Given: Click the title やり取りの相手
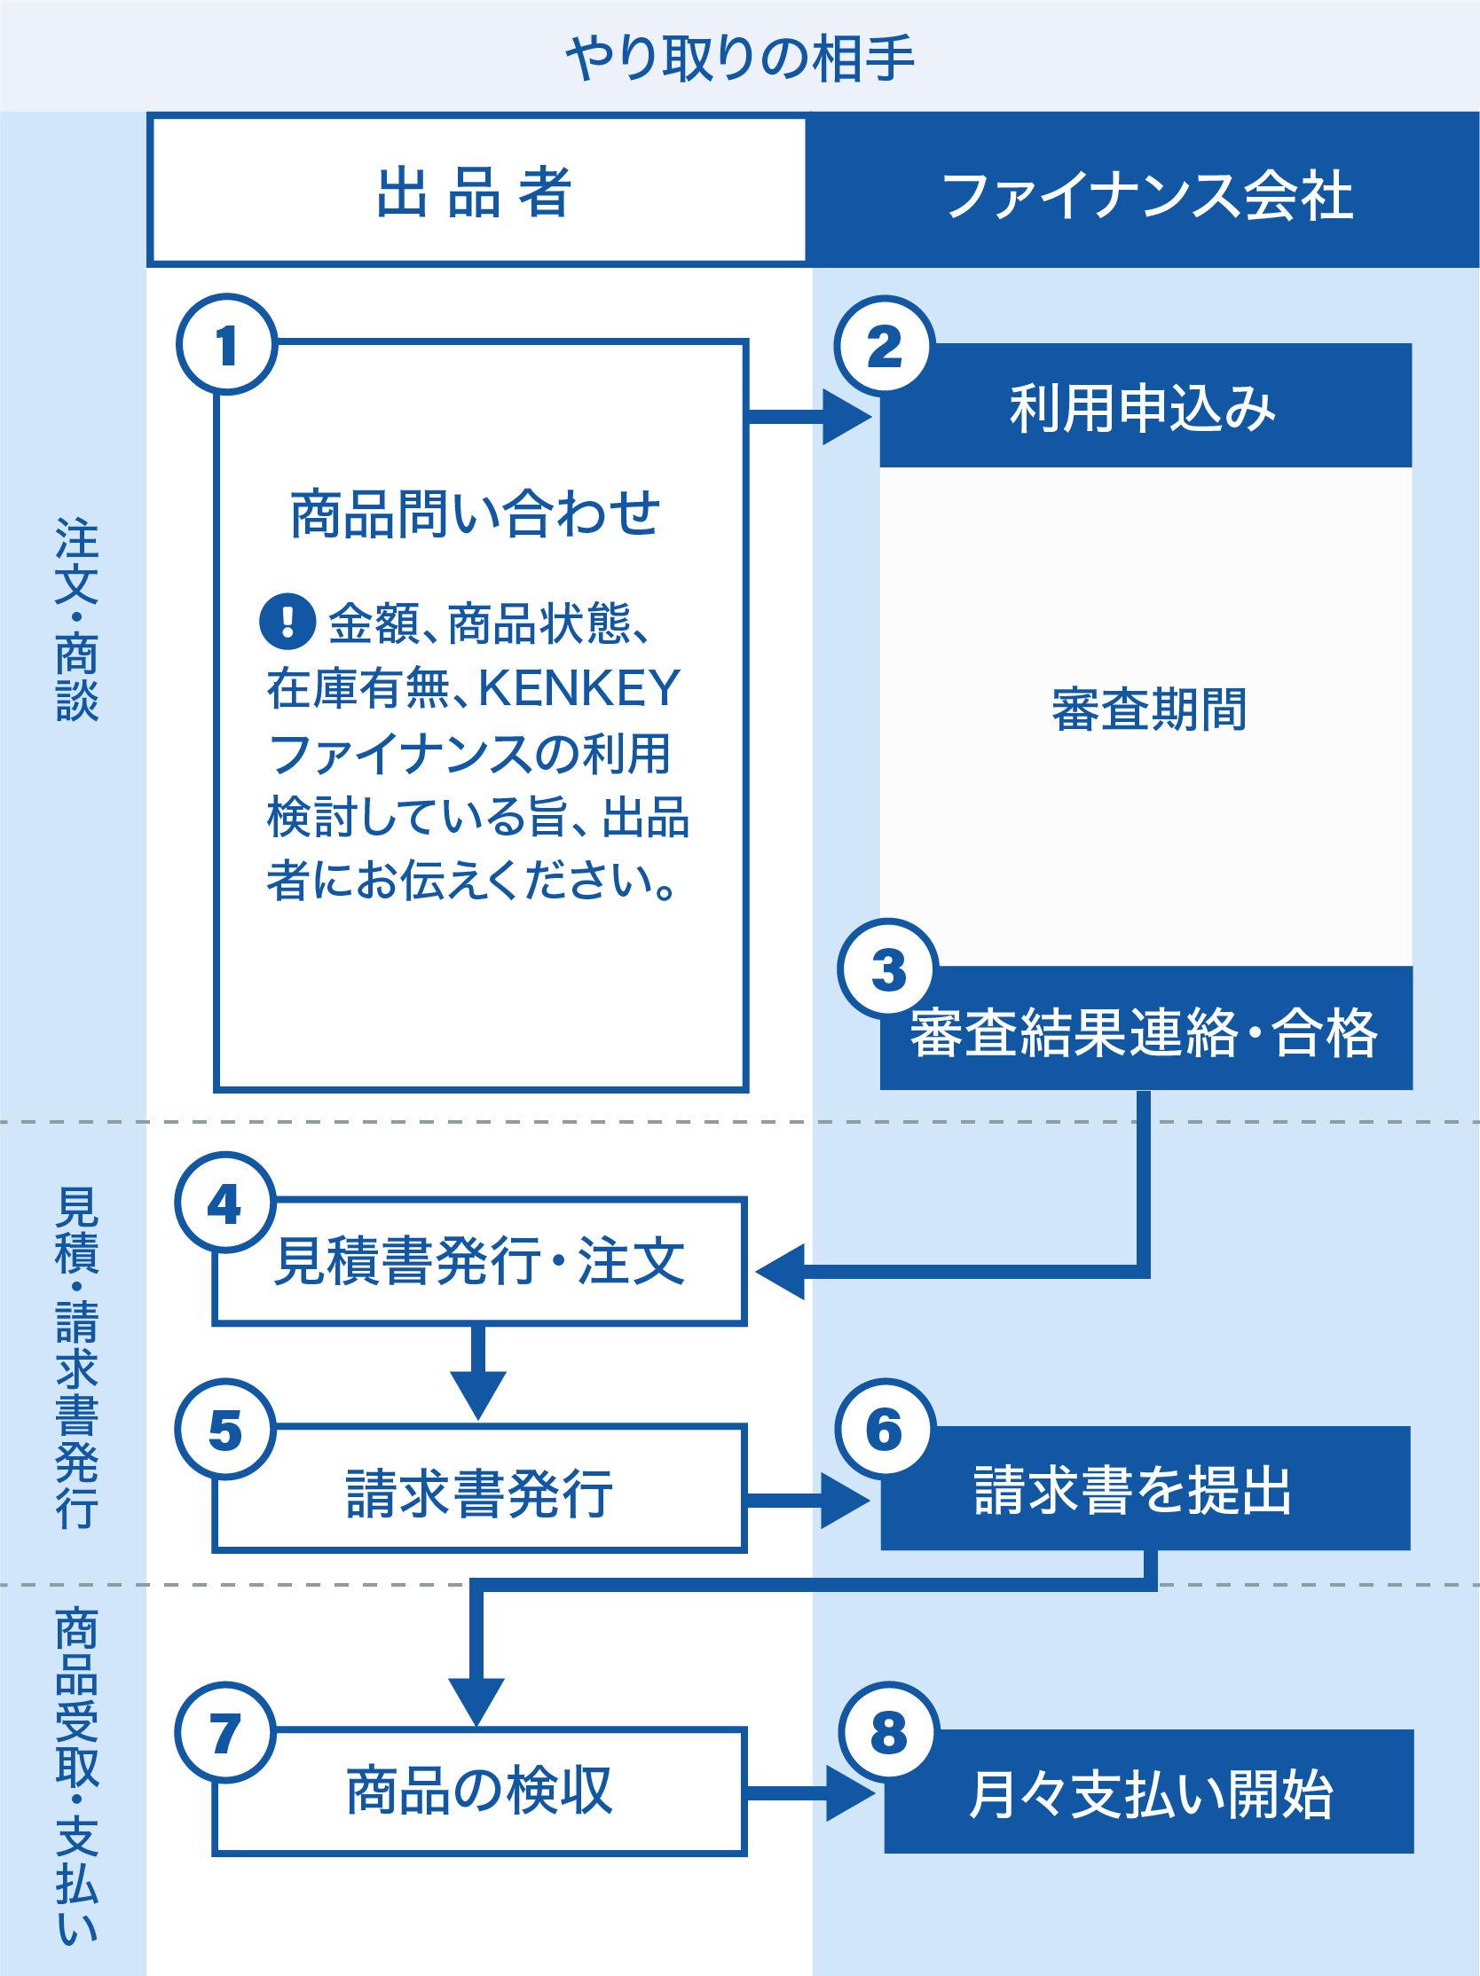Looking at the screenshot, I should pos(740,59).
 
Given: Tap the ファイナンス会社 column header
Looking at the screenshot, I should pos(1146,196).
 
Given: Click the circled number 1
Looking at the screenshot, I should pos(227,345).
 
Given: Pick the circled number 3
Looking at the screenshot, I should pos(887,969).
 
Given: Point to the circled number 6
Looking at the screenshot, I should pos(885,1430).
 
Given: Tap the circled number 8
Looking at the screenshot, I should pos(888,1733).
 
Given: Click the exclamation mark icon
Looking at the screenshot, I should pos(287,621).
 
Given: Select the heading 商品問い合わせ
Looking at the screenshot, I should pos(476,514).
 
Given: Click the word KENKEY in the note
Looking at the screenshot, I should pos(579,689).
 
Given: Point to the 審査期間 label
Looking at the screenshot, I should pos(1148,710).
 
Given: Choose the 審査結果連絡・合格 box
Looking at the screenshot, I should pos(1144,1032).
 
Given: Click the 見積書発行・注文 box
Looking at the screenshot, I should pos(480,1261).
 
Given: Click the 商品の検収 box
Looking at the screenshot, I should pos(480,1792).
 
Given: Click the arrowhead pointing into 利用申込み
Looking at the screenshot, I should pos(846,417).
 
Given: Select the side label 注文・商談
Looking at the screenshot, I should pos(77,619).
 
